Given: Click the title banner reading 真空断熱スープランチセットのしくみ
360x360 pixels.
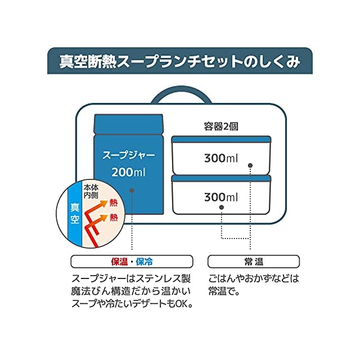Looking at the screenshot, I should [x=179, y=61].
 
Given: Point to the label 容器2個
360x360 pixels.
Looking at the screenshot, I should [x=220, y=126].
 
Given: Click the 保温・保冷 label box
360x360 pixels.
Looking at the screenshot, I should [x=132, y=262].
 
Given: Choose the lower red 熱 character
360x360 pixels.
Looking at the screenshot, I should [x=114, y=217].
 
